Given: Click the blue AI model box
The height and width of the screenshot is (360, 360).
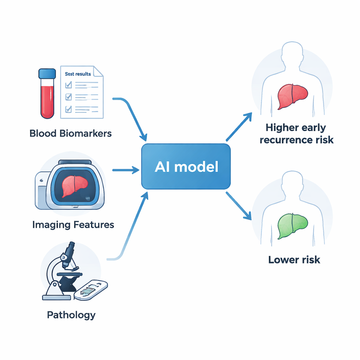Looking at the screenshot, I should tap(186, 167).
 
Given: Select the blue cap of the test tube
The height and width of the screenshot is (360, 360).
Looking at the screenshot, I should tap(47, 73).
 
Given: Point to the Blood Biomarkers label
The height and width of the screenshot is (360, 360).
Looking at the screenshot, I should tap(71, 134).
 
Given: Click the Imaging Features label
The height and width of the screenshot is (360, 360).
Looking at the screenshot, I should tap(73, 225).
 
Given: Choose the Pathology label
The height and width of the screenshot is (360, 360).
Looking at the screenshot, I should tap(71, 315).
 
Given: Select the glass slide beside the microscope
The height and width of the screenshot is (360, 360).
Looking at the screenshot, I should tap(91, 290).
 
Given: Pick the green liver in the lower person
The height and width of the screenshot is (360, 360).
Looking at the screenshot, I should tap(292, 227).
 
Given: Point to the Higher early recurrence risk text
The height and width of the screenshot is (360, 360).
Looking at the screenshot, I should tap(296, 134).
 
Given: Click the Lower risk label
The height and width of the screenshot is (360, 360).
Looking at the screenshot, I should tap(294, 260).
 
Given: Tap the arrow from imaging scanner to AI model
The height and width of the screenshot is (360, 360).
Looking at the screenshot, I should tap(126, 171).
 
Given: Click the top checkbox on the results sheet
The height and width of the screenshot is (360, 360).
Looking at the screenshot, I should tap(69, 85).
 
